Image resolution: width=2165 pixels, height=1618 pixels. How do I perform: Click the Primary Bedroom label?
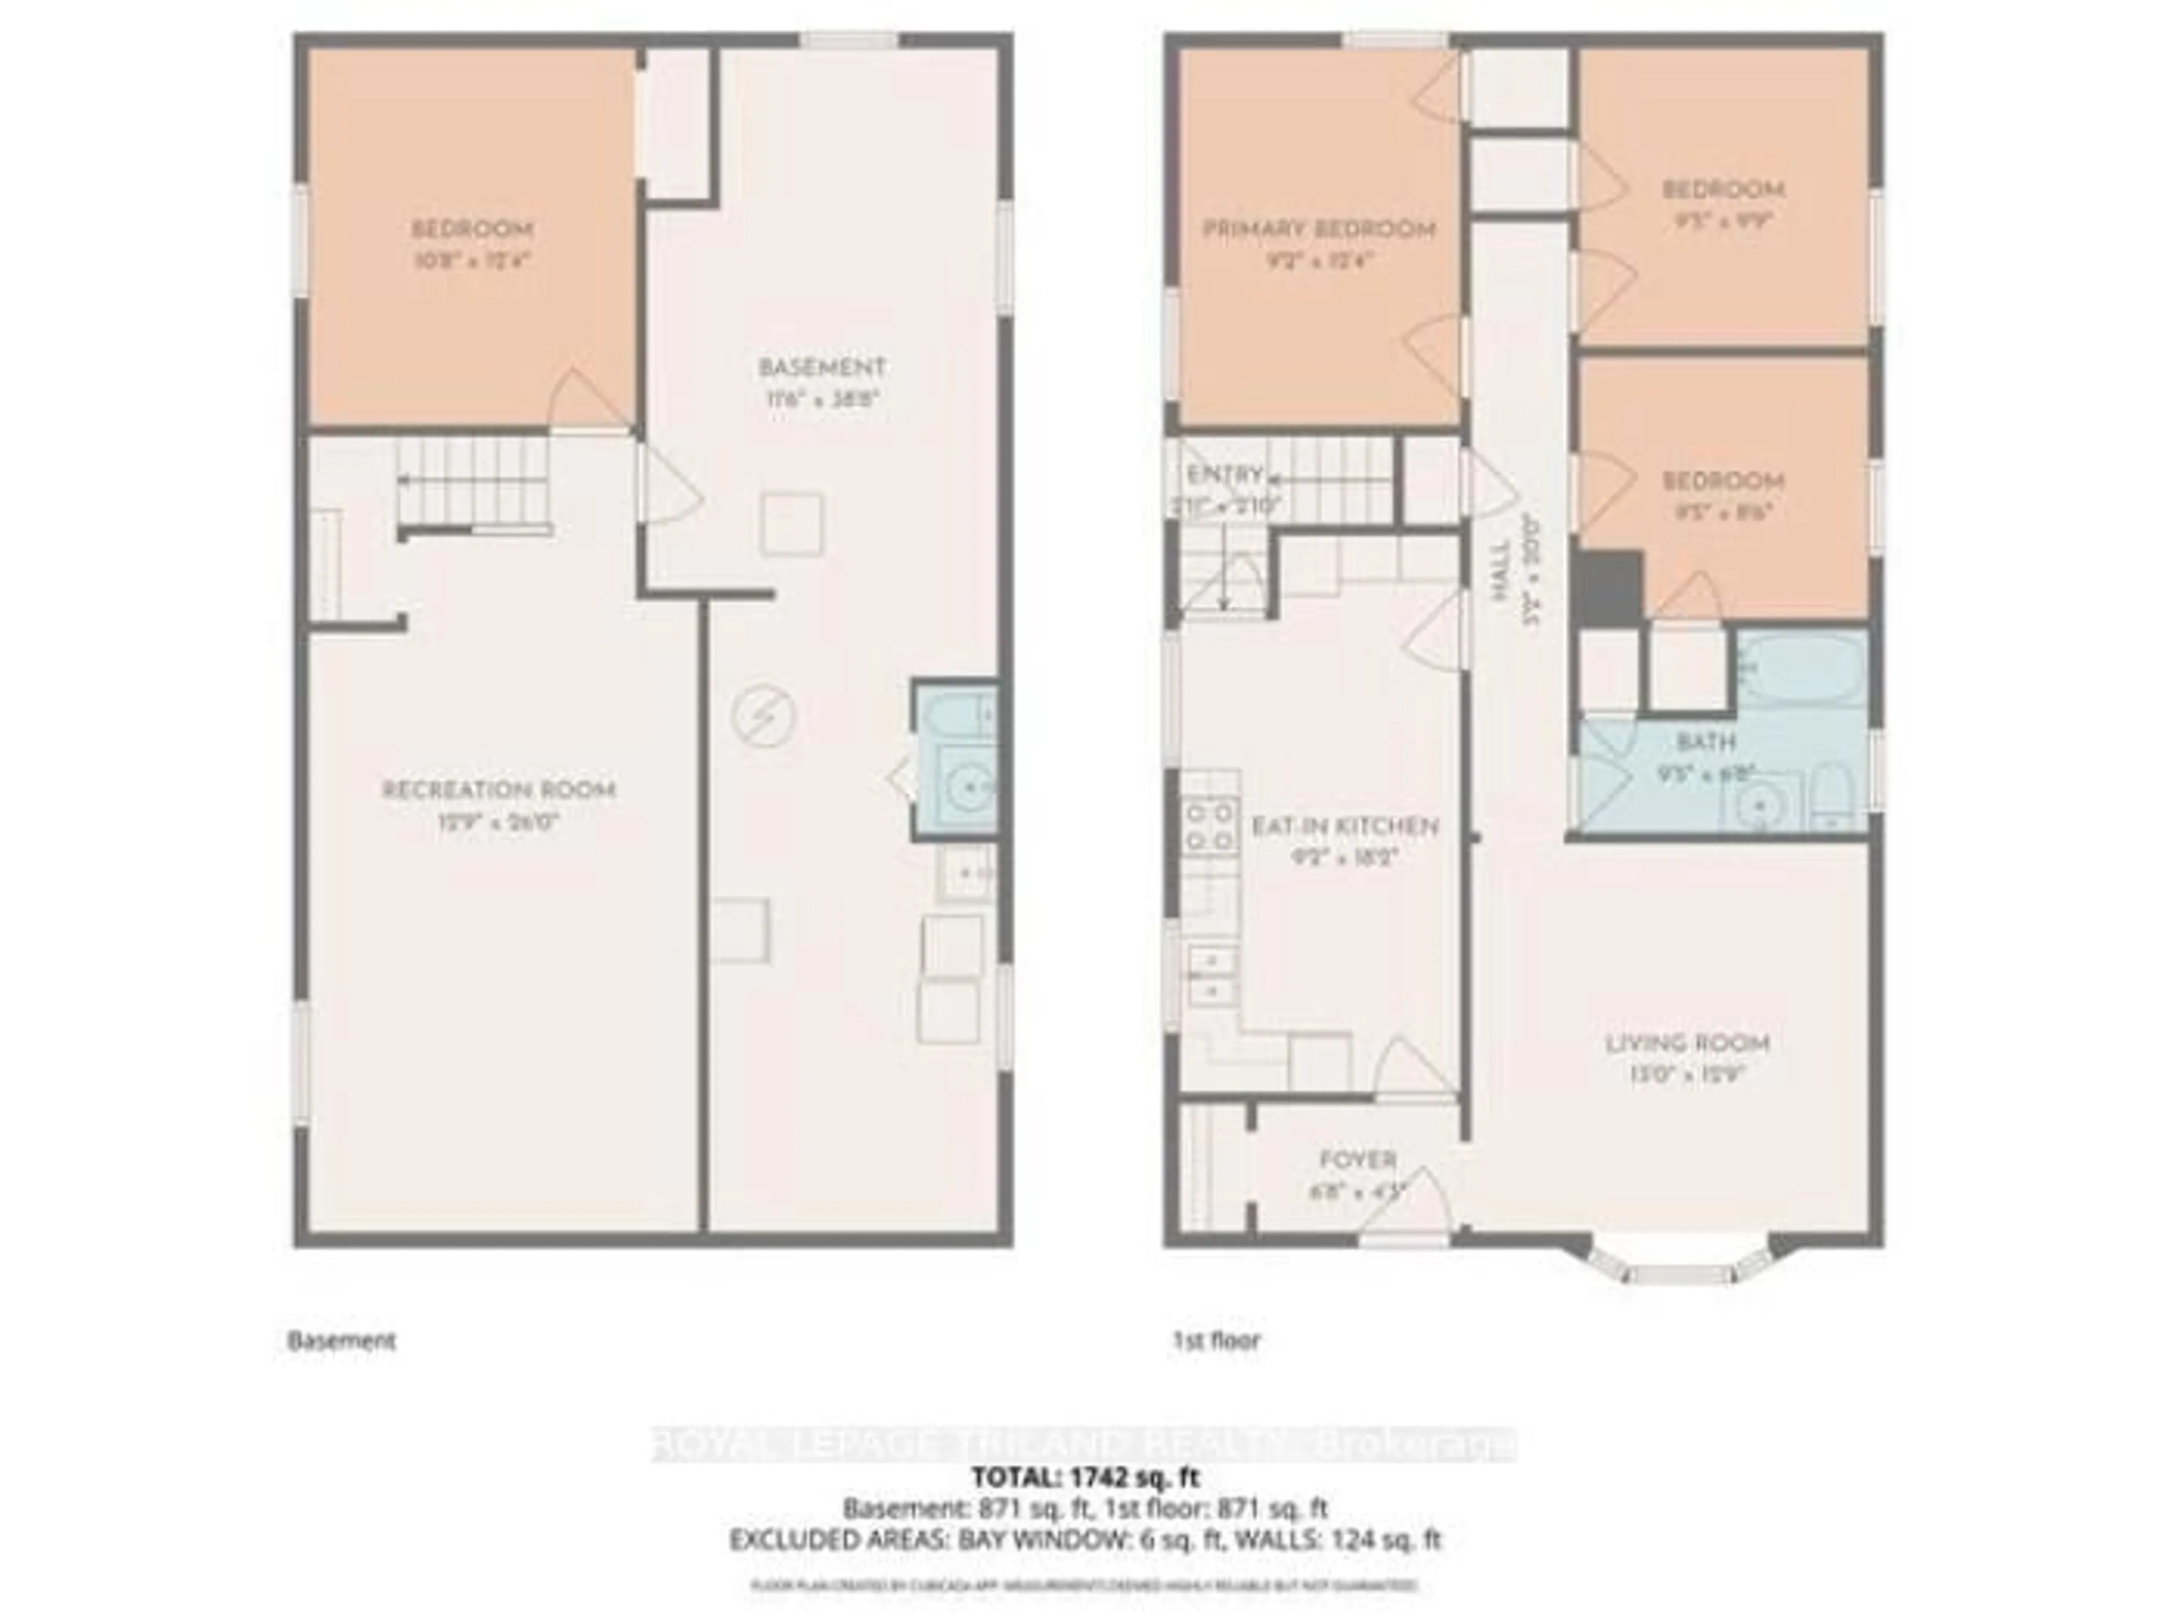1318,230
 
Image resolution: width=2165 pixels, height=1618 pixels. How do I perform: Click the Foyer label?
1358,1160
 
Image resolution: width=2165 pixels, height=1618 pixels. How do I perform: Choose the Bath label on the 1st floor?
1706,743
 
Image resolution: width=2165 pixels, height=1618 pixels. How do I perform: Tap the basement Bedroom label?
472,230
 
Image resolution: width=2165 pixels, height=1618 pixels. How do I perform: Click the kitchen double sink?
1212,975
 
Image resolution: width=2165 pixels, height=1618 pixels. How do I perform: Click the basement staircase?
472,481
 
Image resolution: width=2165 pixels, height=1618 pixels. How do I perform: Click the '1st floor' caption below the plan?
1217,1340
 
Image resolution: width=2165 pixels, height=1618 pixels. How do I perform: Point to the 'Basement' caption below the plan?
342,1340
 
